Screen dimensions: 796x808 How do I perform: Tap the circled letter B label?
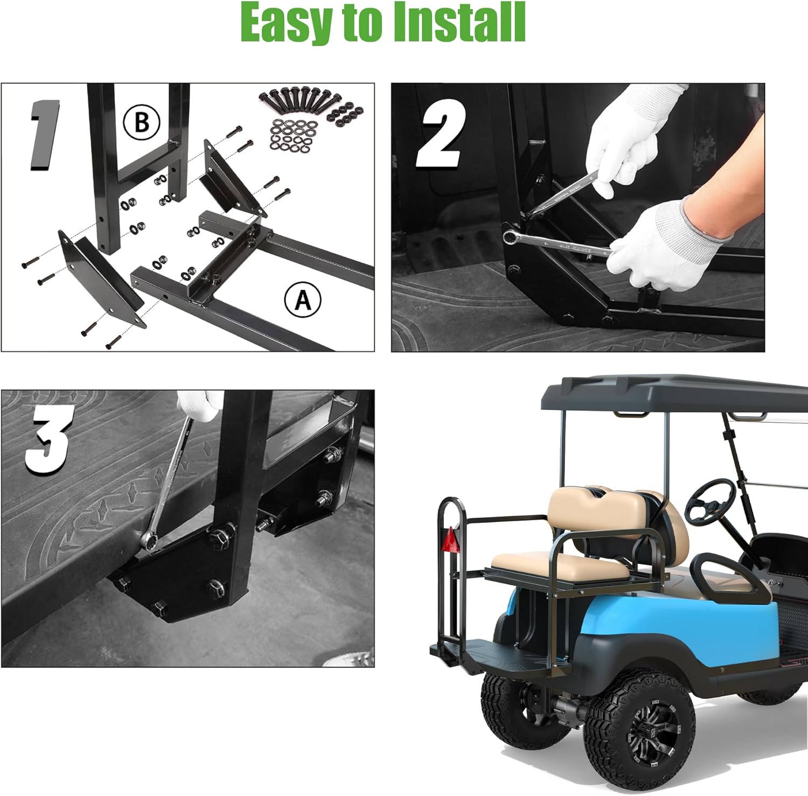click(142, 122)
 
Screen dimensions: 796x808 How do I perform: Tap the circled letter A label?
click(303, 299)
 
